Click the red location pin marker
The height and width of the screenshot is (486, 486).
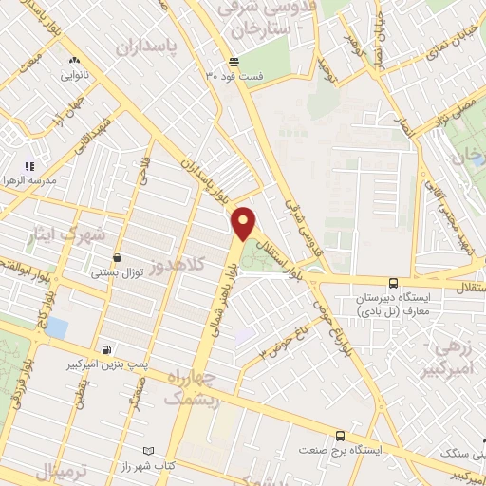click(x=244, y=223)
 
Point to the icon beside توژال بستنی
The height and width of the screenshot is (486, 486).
click(x=117, y=257)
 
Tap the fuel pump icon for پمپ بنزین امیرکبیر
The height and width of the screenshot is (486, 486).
click(x=103, y=348)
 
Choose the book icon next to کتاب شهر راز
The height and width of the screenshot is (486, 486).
click(x=146, y=451)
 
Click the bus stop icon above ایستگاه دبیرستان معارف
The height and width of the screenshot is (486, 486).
click(x=393, y=282)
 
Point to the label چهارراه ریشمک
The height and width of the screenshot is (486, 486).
click(x=190, y=389)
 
